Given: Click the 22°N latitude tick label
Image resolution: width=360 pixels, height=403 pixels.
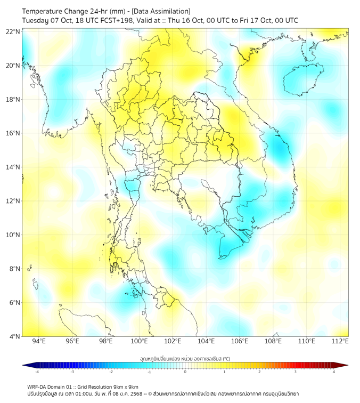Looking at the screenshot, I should coord(13,31).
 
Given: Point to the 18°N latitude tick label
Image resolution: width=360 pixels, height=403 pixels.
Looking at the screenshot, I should coord(13,99).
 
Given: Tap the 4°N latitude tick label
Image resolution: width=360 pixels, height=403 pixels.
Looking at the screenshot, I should coord(14,336).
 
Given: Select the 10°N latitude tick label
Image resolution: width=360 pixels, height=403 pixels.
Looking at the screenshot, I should coord(13,235).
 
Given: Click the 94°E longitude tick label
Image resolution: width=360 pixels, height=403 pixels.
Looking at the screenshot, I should coord(39,341).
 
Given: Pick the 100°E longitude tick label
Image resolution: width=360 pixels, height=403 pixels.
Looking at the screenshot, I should coord(139,341).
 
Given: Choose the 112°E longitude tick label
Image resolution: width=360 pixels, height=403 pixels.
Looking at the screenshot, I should coord(340,341).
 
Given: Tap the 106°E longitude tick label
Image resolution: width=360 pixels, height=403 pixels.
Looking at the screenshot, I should coord(240,341).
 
